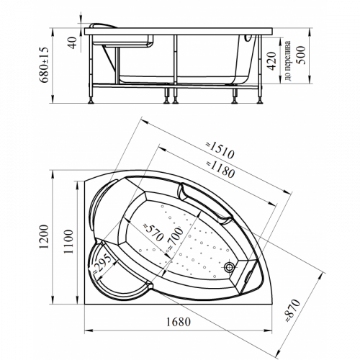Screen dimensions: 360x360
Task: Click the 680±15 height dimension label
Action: [45, 65]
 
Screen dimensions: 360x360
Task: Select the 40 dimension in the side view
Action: [72, 42]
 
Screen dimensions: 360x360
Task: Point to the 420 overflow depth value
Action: [271, 61]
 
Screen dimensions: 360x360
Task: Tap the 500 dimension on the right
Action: [301, 55]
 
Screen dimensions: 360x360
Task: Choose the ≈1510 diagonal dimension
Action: [220, 150]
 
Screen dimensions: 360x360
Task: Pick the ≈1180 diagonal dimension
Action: [220, 169]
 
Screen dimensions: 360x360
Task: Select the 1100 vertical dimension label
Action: [68, 241]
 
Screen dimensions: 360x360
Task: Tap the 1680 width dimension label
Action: [179, 322]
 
